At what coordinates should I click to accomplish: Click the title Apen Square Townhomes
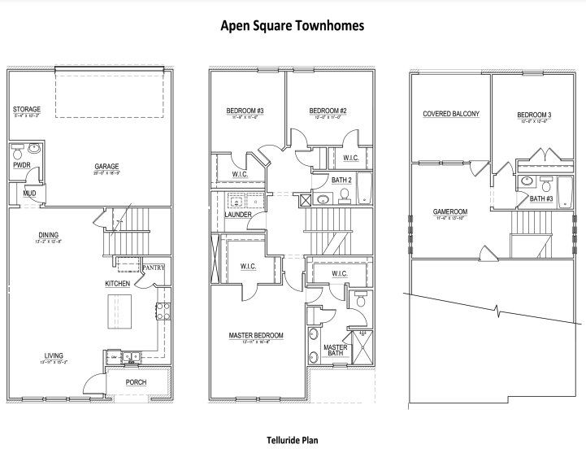(x=293, y=25)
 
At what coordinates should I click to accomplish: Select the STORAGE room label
(x=26, y=109)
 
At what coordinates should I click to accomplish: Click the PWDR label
(x=21, y=163)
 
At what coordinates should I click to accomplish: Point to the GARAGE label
(x=107, y=165)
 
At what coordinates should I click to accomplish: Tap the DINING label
(x=37, y=236)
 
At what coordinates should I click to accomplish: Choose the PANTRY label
(x=153, y=267)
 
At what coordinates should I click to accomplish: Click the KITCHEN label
(x=118, y=283)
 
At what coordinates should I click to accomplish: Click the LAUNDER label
(x=237, y=214)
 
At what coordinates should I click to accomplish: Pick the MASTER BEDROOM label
(x=256, y=335)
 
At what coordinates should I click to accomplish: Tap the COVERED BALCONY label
(x=450, y=115)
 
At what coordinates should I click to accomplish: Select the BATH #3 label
(x=541, y=198)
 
